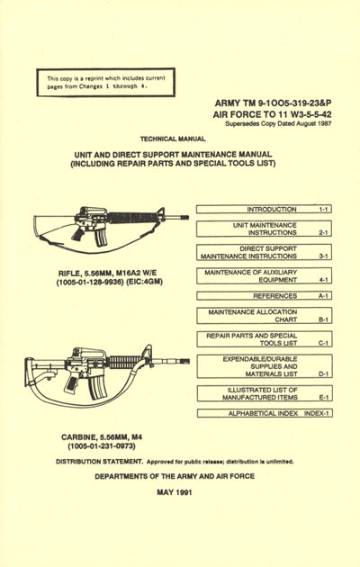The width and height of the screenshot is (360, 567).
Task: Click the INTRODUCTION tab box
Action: tap(264, 209)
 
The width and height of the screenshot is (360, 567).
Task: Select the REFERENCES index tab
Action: tap(264, 295)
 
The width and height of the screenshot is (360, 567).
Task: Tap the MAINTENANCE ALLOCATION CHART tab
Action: tap(264, 316)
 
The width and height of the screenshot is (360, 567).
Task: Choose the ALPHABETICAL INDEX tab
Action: tap(264, 413)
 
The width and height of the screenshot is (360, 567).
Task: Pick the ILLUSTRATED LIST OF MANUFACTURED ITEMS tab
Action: tap(264, 393)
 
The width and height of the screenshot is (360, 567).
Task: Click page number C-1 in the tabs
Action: tap(322, 344)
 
